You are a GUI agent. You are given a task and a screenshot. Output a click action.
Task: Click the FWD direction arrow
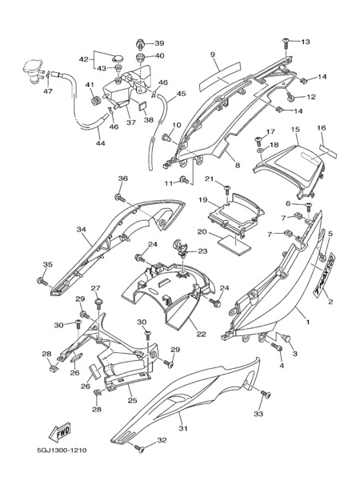(59, 432)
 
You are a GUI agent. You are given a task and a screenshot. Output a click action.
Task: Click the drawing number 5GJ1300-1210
(62, 450)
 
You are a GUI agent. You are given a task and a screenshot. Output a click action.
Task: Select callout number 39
(159, 43)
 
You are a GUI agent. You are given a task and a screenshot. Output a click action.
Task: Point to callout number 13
(306, 42)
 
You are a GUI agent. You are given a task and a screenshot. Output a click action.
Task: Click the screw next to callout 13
(286, 42)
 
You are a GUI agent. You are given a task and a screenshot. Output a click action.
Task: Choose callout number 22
(202, 334)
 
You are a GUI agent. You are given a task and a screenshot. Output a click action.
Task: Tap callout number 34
(81, 229)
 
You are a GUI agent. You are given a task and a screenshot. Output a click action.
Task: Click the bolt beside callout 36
(119, 198)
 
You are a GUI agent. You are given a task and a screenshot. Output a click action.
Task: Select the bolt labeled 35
(42, 281)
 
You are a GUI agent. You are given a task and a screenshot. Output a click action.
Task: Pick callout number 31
(183, 428)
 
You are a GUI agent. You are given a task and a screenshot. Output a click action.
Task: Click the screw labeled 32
(139, 448)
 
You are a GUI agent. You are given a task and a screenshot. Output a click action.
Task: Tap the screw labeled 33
(266, 394)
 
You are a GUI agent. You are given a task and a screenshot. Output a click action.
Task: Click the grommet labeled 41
(95, 101)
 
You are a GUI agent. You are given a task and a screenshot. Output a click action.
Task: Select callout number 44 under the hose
(101, 143)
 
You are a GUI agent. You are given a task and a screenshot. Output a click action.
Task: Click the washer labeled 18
(259, 150)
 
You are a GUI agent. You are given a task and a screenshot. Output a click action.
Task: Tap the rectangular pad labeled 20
(234, 245)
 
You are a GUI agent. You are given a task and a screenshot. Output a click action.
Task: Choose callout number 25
(132, 400)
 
